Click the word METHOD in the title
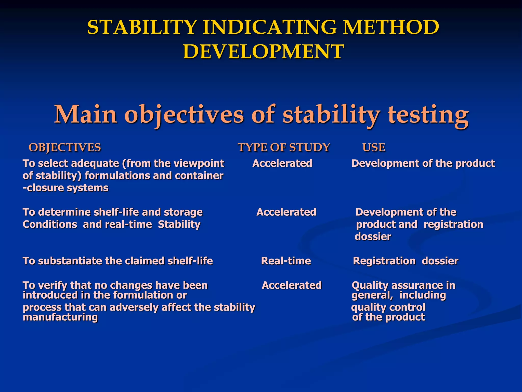pyautogui.click(x=391, y=27)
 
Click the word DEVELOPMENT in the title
pyautogui.click(x=264, y=52)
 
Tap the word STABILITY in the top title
pyautogui.click(x=142, y=27)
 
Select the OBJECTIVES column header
pyautogui.click(x=65, y=148)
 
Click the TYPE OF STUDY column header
pyautogui.click(x=284, y=148)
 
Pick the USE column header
pyautogui.click(x=374, y=148)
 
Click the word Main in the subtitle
pyautogui.click(x=86, y=114)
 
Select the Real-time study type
pyautogui.click(x=286, y=261)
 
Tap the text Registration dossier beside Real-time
pyautogui.click(x=406, y=261)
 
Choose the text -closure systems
pyautogui.click(x=66, y=188)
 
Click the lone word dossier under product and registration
pyautogui.click(x=373, y=237)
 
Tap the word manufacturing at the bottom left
pyautogui.click(x=60, y=317)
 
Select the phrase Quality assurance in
pyautogui.click(x=403, y=285)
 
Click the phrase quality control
pyautogui.click(x=388, y=307)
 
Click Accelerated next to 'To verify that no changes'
pyautogui.click(x=292, y=285)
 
